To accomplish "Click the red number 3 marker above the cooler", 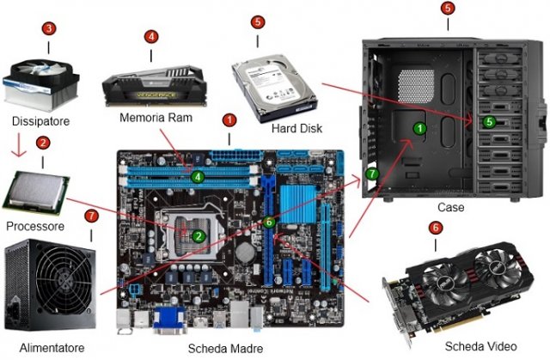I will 50,28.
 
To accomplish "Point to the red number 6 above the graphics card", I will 435,228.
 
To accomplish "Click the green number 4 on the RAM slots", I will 198,178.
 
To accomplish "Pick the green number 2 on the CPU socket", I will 198,235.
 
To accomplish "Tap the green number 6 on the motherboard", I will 268,222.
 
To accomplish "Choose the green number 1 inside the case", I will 419,127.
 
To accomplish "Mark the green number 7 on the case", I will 371,173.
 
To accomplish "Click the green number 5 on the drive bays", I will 489,122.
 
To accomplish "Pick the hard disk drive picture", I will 276,76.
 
